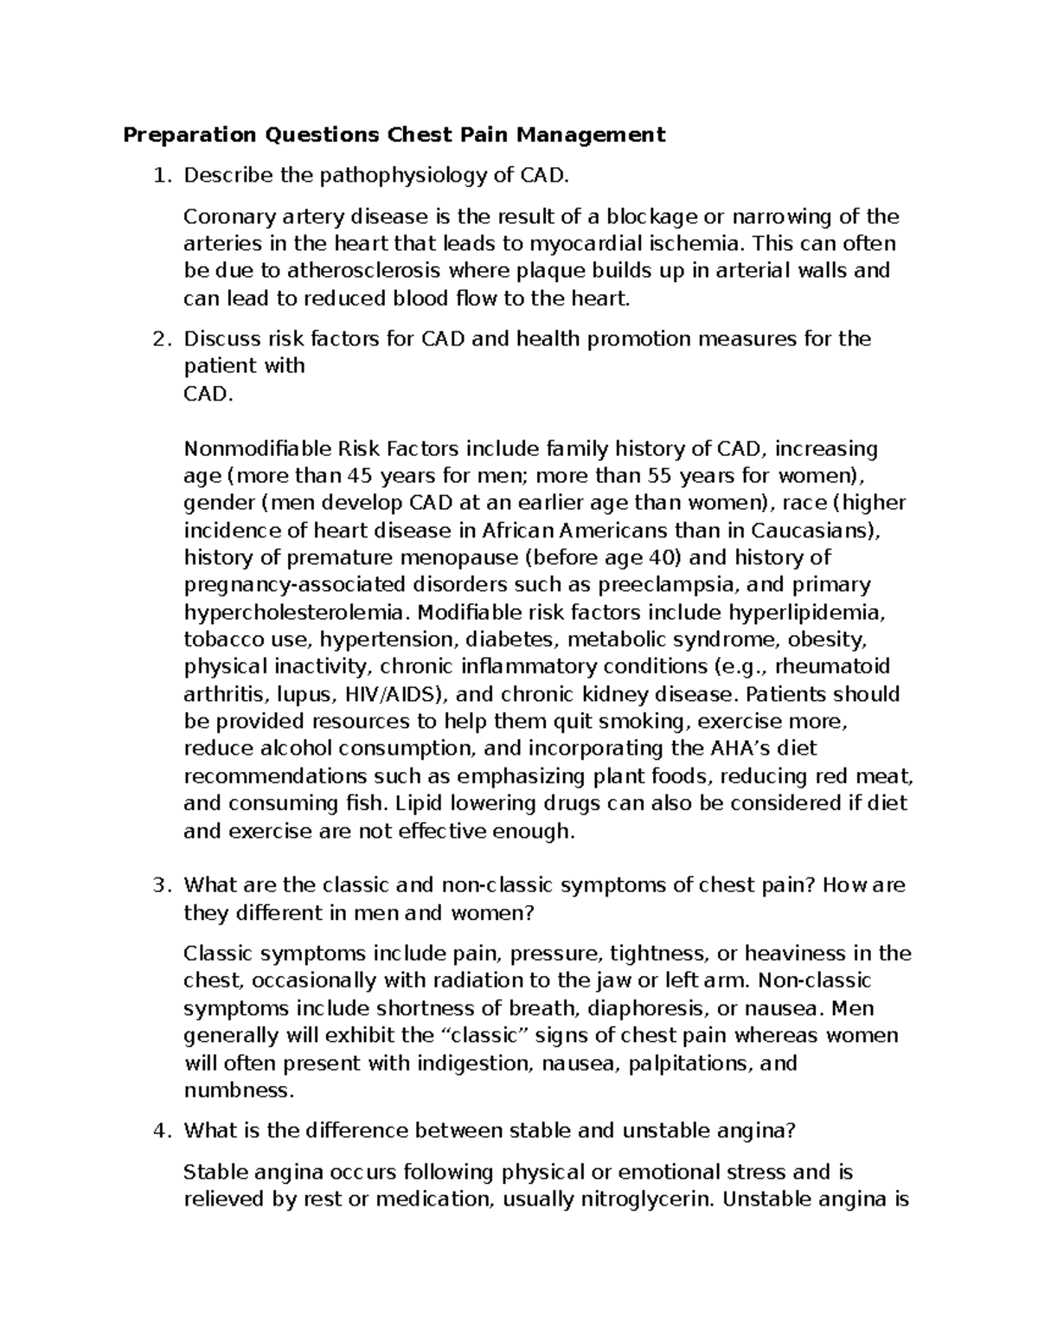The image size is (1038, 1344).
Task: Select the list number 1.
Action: click(158, 177)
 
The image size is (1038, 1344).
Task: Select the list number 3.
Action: click(158, 886)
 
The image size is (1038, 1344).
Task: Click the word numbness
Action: click(239, 1090)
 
